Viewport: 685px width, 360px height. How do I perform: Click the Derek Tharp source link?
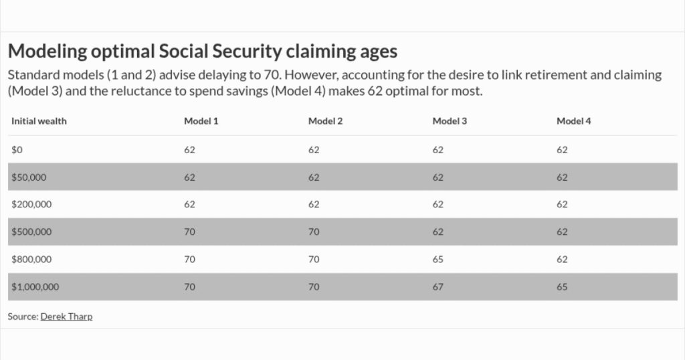coord(66,317)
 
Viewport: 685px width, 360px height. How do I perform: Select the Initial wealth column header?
coord(39,121)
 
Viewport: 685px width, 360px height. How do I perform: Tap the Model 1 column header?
coord(201,121)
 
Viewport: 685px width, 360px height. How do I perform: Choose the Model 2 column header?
coord(325,121)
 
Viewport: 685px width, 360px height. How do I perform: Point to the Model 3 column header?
coord(450,121)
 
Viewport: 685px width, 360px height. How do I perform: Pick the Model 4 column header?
coord(573,121)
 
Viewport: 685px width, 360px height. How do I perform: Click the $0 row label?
coord(17,150)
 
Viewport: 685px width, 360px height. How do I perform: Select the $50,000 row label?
coord(29,177)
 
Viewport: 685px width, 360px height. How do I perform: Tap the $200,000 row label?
coord(31,205)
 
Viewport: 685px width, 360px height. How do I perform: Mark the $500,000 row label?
coord(31,232)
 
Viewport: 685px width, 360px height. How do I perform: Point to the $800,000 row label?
coord(31,260)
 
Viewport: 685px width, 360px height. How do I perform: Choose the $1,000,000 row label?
coord(35,287)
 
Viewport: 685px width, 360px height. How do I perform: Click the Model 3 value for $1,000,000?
coord(438,287)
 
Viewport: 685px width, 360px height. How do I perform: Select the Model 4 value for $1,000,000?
coord(562,287)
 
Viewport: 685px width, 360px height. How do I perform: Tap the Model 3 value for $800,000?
coord(438,260)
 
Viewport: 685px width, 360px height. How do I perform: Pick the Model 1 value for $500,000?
coord(190,232)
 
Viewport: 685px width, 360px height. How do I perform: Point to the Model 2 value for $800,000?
coord(314,260)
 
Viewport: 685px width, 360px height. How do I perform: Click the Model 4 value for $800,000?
coord(562,260)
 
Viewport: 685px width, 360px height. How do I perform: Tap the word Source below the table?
coord(22,317)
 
